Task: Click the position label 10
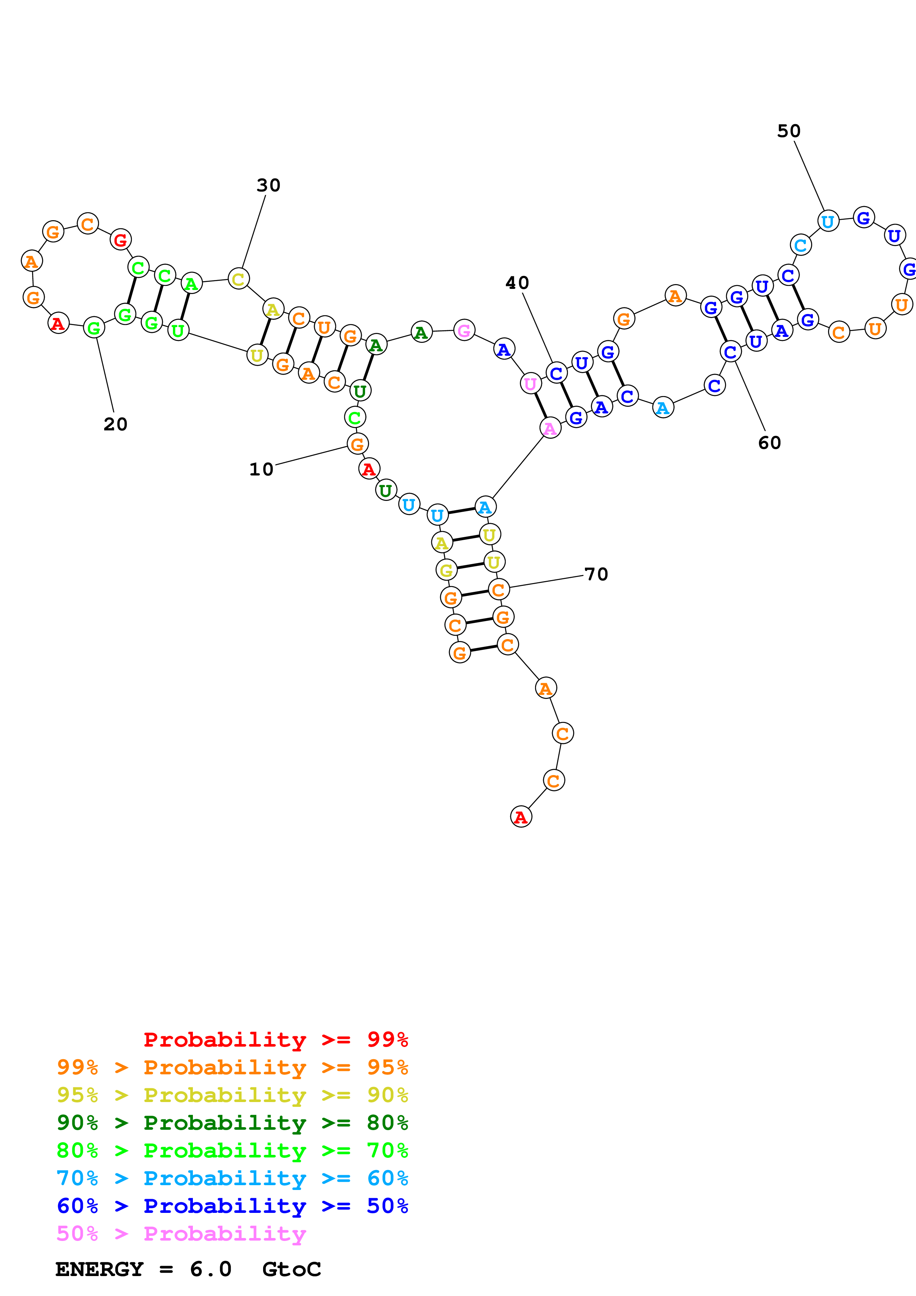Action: point(261,469)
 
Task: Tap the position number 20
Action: point(116,424)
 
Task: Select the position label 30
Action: point(269,185)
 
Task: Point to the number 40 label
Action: point(517,283)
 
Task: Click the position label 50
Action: point(789,131)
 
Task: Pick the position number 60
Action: point(770,443)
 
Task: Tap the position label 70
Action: point(596,574)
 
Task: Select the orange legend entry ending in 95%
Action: point(232,1067)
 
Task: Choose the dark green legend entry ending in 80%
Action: point(232,1123)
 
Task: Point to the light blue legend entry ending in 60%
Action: point(232,1179)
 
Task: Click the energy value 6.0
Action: point(211,1269)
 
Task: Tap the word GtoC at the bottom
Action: point(292,1269)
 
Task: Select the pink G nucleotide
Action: point(464,330)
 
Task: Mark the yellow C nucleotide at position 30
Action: point(239,279)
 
